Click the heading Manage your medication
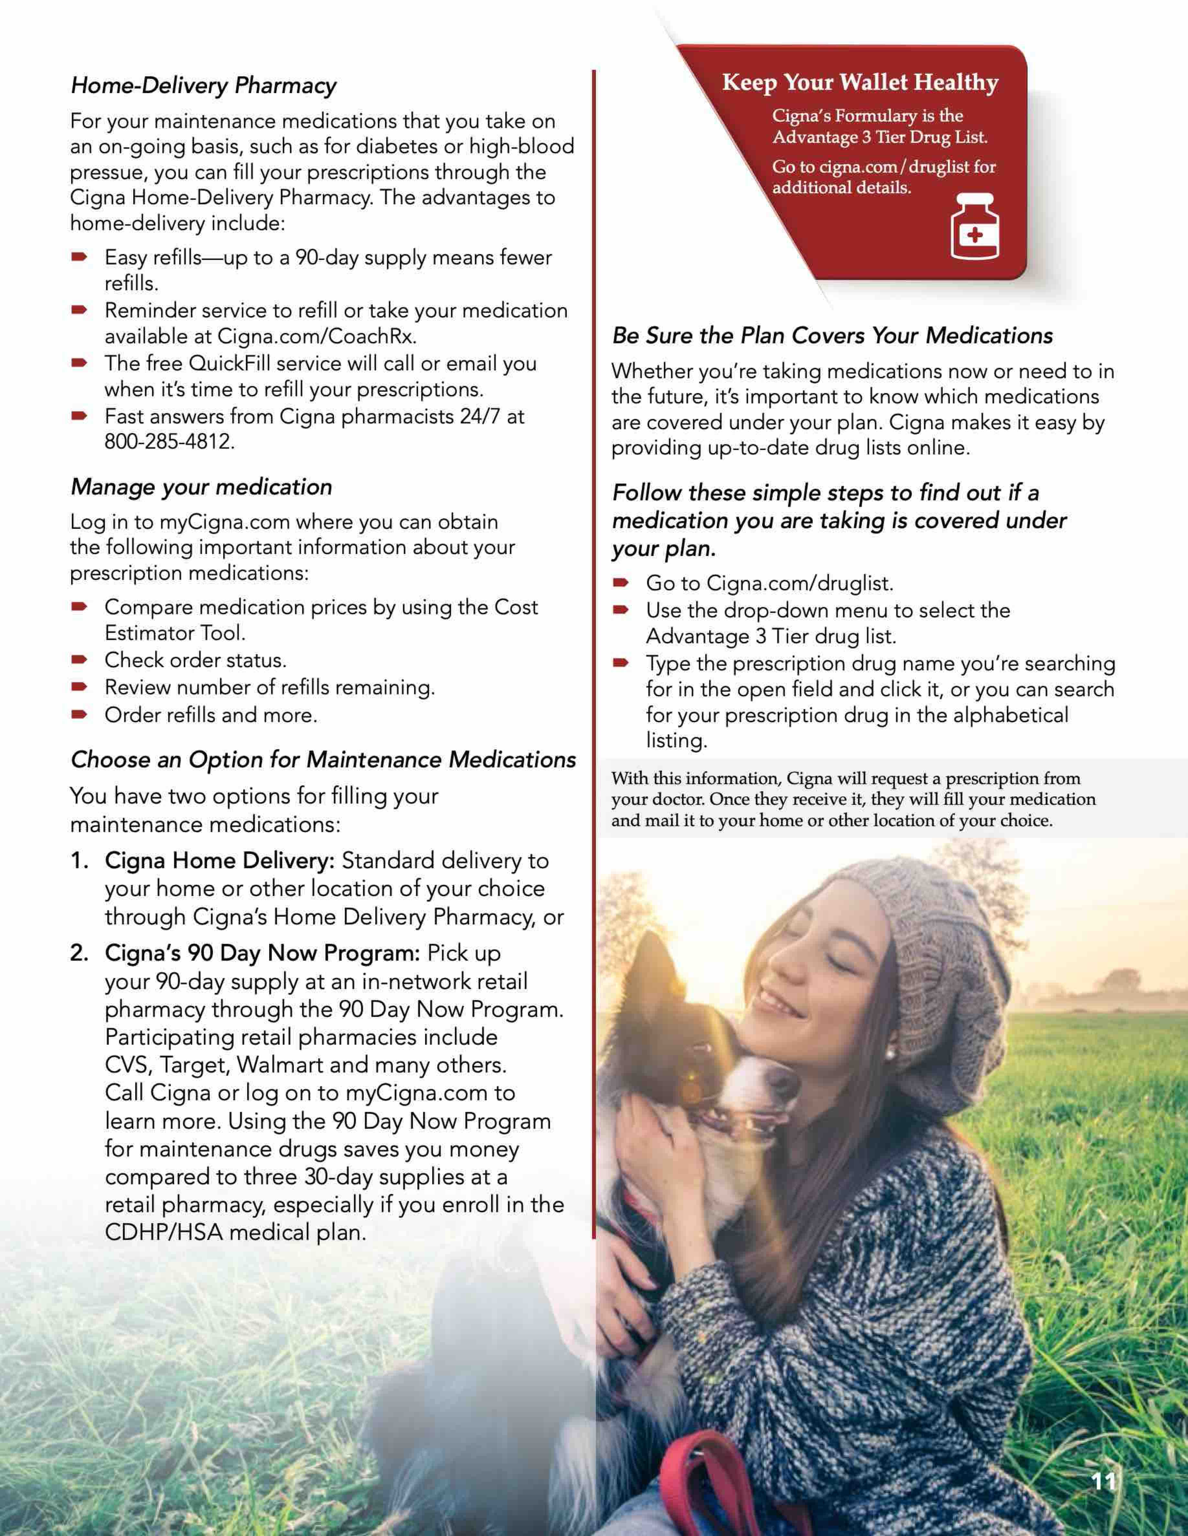tap(201, 487)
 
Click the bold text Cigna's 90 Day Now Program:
tap(262, 953)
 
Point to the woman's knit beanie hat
tap(929, 935)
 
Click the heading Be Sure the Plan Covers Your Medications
tap(832, 336)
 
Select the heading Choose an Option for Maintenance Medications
tap(323, 760)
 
